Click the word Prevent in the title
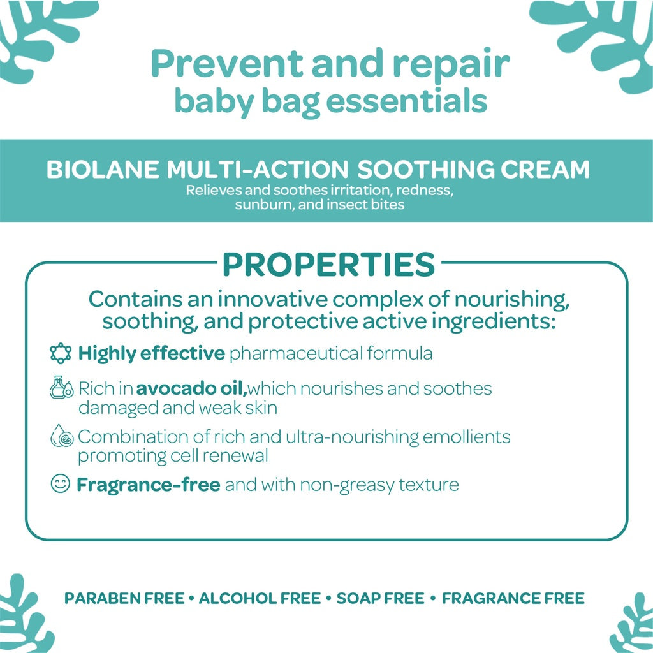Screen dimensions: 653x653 228,63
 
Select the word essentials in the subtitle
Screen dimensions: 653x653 407,101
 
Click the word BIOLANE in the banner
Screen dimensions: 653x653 103,170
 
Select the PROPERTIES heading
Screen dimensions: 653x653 329,265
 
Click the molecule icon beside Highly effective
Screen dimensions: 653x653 61,353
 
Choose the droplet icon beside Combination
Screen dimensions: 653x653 62,436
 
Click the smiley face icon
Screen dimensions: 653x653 61,483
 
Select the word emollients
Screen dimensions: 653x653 466,437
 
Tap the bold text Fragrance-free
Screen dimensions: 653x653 149,485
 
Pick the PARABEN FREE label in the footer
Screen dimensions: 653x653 124,598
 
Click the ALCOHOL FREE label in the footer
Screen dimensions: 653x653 260,598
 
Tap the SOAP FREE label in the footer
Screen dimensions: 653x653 380,598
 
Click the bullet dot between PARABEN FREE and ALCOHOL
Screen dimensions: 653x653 191,598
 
